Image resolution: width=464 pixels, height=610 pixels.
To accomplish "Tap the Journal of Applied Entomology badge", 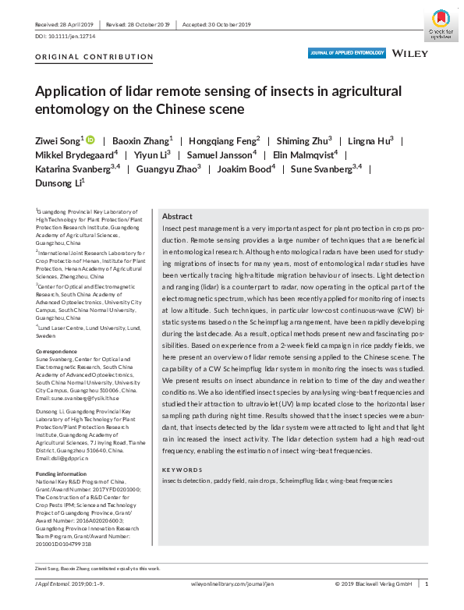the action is pos(347,53).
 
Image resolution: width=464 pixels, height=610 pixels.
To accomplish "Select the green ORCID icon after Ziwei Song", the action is pos(90,140).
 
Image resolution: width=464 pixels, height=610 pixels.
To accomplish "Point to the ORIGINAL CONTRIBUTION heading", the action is pos(94,57).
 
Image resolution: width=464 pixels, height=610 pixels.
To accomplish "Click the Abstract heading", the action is pos(177,216).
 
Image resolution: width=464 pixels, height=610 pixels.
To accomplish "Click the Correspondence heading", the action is pos(58,330).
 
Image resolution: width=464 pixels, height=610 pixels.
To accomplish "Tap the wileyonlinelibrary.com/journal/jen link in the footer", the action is pos(232,583).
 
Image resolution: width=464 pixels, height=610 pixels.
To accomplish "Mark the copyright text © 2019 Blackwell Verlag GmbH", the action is pos(373,583).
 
